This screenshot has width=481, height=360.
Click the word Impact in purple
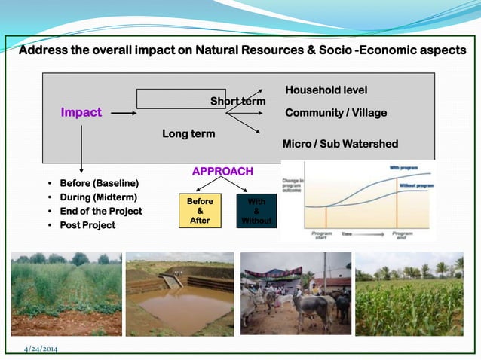(81, 113)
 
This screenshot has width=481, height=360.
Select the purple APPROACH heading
(222, 172)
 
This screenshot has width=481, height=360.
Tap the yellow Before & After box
(200, 211)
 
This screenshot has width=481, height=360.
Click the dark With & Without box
(256, 211)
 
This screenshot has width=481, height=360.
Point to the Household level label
(326, 90)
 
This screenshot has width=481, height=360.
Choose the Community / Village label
(335, 113)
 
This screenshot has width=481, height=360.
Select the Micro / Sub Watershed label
(339, 144)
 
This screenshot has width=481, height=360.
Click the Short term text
(237, 102)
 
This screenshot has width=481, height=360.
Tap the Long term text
(188, 134)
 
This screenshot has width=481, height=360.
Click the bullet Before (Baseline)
(98, 183)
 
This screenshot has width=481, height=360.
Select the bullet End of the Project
(100, 211)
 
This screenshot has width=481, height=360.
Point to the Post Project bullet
(87, 225)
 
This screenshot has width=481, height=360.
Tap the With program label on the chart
(404, 168)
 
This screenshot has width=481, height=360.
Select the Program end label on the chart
(403, 236)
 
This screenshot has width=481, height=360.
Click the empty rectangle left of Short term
(181, 99)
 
